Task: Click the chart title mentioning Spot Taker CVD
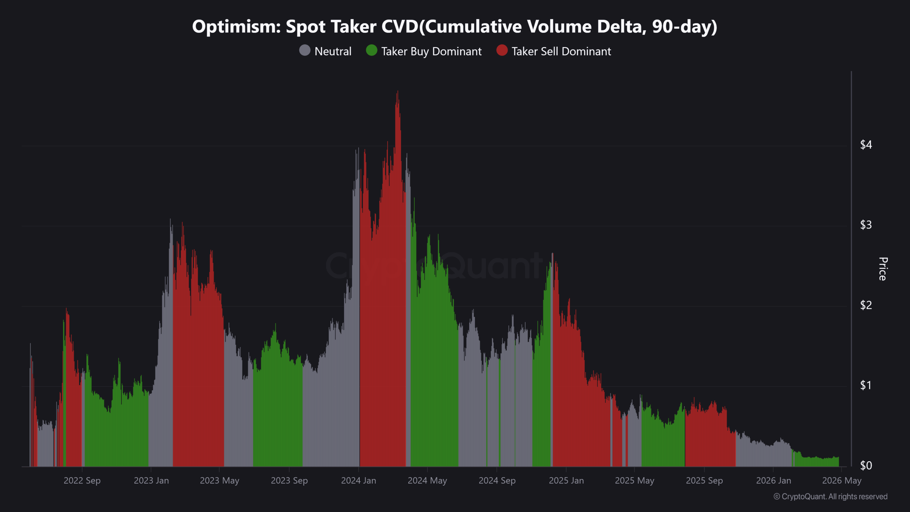(x=455, y=27)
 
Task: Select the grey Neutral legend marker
(x=305, y=50)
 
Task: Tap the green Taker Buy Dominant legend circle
(x=371, y=50)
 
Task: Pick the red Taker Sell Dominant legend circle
(x=502, y=50)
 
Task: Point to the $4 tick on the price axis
(x=866, y=145)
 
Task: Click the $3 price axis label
(x=866, y=225)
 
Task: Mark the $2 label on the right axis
(x=866, y=305)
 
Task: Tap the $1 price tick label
(x=866, y=385)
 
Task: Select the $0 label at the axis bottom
(x=866, y=465)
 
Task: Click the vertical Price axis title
(x=883, y=269)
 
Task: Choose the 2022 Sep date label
(x=82, y=481)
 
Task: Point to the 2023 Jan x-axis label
(x=151, y=481)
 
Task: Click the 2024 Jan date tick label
(x=358, y=481)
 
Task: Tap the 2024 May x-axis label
(x=427, y=481)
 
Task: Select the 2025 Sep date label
(x=704, y=481)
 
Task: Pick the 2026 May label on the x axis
(x=841, y=481)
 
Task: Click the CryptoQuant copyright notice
(x=830, y=497)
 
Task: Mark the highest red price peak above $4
(x=397, y=93)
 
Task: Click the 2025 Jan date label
(x=566, y=481)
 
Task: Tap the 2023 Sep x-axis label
(x=289, y=481)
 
